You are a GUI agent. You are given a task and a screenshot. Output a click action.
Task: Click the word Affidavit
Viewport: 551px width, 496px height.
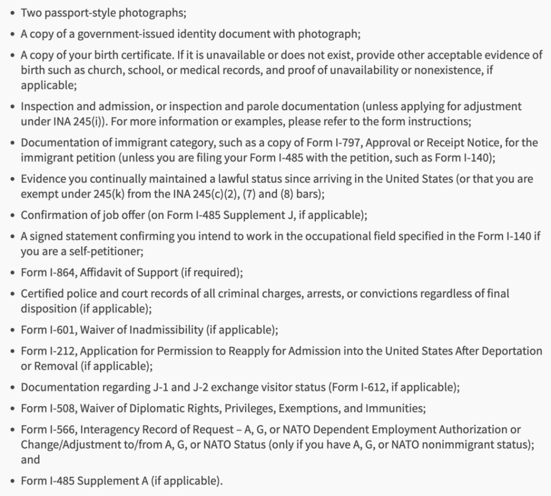click(x=101, y=272)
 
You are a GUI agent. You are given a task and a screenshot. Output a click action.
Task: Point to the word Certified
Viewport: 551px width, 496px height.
click(x=43, y=294)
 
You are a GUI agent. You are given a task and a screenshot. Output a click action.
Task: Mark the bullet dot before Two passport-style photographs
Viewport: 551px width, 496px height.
click(x=12, y=12)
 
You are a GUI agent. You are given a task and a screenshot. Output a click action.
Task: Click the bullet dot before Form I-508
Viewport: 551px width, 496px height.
click(x=12, y=409)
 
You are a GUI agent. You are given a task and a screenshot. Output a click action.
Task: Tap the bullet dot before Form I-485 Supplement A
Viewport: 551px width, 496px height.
click(x=12, y=481)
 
